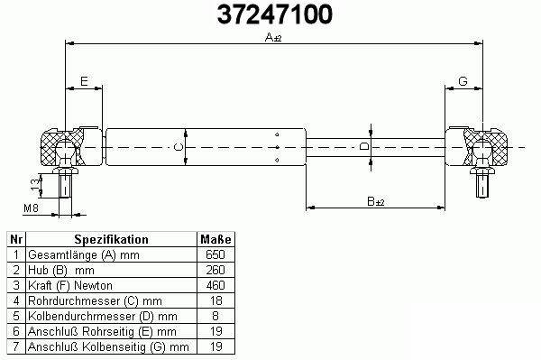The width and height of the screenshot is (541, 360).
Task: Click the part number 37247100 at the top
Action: tap(275, 14)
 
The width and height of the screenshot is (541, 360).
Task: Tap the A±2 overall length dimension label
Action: tap(273, 37)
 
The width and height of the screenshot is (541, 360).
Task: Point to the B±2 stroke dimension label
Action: tap(375, 201)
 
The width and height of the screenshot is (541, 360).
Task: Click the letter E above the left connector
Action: tap(84, 81)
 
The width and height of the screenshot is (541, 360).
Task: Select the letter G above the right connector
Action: tap(463, 81)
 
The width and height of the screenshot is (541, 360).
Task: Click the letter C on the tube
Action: tap(179, 147)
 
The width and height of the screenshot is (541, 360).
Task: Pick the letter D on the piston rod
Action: tap(364, 146)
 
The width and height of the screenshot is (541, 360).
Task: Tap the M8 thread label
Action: tap(31, 208)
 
